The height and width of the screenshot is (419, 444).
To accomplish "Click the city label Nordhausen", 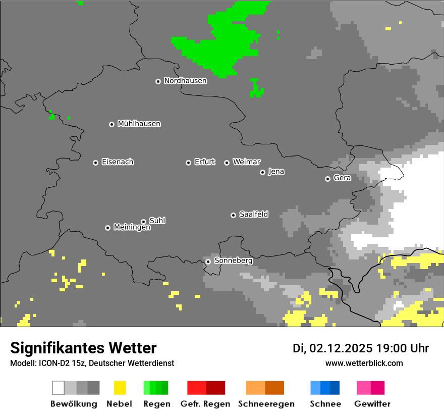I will click(x=185, y=81).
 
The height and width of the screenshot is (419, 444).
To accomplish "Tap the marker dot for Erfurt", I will click(x=188, y=163).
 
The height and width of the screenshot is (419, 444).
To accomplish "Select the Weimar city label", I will click(x=246, y=162).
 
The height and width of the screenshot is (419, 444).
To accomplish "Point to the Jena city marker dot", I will click(x=262, y=172).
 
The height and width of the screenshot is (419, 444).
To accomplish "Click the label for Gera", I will click(x=342, y=178).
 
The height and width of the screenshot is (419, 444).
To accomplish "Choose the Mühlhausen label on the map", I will click(x=139, y=124).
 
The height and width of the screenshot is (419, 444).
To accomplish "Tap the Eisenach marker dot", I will click(x=95, y=163).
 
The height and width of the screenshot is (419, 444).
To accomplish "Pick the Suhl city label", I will click(x=157, y=221).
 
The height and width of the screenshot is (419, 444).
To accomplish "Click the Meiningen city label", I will click(x=132, y=228).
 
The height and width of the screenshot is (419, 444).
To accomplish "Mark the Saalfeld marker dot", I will click(x=233, y=215).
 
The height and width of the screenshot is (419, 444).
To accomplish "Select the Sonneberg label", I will click(x=233, y=261).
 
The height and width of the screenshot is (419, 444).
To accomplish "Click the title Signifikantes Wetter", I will click(x=83, y=348).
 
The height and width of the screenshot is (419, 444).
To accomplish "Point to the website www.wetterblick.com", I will click(x=364, y=363).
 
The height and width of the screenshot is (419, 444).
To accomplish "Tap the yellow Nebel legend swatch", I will click(x=120, y=388).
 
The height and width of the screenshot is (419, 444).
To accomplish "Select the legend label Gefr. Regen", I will click(x=206, y=404).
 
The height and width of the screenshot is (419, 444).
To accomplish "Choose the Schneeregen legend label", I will click(x=266, y=404).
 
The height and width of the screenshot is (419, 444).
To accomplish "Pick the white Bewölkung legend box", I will click(x=59, y=388).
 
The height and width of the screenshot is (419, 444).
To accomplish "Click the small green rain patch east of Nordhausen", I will click(x=256, y=88).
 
